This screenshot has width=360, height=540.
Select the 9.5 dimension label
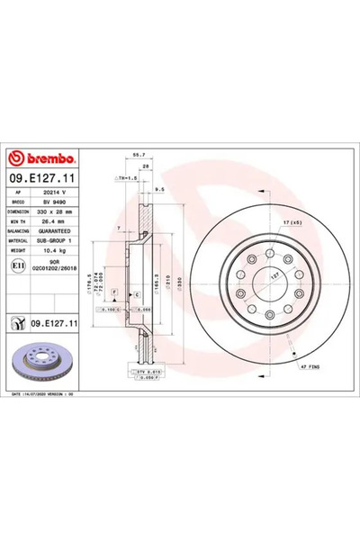pyautogui.click(x=158, y=190)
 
